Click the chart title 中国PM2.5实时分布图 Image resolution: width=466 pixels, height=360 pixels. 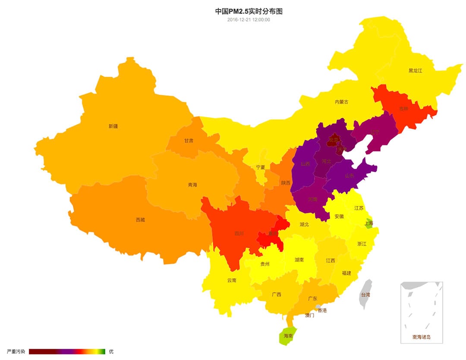(x=249, y=11)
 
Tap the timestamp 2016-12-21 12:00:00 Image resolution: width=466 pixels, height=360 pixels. (x=249, y=19)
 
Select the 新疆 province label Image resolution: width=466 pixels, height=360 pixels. (x=113, y=126)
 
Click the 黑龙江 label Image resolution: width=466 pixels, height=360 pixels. (x=415, y=70)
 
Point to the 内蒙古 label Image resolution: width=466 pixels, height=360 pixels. (x=341, y=102)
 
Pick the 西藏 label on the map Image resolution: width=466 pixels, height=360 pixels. (x=140, y=220)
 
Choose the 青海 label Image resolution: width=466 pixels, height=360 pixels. (x=192, y=185)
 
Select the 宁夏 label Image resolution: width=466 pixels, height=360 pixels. (x=261, y=167)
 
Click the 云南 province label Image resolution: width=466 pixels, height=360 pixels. (x=232, y=280)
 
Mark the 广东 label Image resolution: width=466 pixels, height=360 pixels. (x=313, y=298)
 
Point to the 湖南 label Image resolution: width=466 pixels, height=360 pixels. (x=299, y=260)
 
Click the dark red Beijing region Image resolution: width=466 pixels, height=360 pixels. (x=333, y=140)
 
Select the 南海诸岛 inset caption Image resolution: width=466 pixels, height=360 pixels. (x=422, y=337)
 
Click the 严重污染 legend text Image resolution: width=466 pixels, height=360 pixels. (x=16, y=351)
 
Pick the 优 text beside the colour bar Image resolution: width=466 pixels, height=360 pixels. (x=111, y=351)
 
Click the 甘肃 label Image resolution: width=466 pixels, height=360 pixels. (x=189, y=141)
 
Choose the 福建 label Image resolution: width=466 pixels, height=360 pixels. (x=346, y=273)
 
